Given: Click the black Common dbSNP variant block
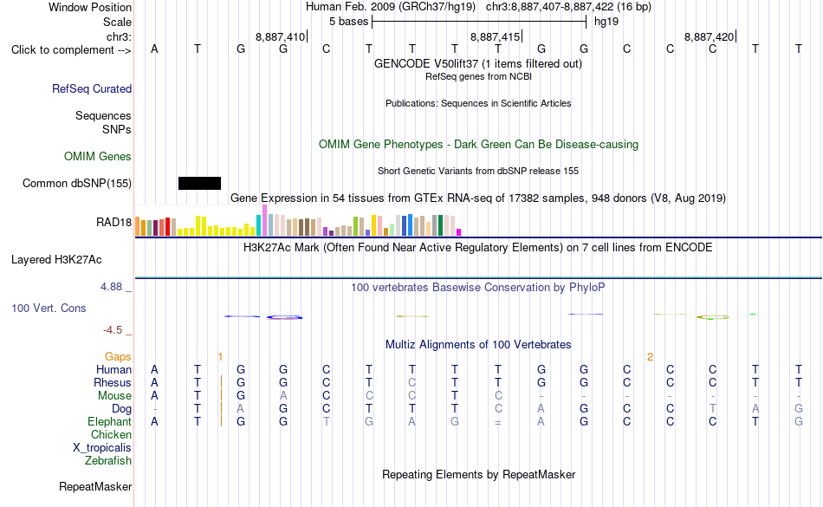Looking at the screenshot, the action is (199, 183).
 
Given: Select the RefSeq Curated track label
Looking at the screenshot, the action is (92, 88).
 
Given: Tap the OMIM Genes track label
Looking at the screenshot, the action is (98, 156).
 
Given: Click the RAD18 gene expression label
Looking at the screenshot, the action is (113, 223).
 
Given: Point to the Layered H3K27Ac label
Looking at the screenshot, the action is (56, 260).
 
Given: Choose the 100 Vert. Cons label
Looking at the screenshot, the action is (49, 308).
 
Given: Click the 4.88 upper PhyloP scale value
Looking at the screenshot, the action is (111, 287).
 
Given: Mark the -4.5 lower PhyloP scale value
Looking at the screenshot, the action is (113, 329).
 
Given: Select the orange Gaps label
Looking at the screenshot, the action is (118, 357).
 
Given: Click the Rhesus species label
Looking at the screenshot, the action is (113, 382).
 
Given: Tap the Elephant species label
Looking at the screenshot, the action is (110, 422).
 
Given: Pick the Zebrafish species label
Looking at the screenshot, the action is (108, 461).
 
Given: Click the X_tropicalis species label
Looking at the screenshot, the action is (102, 448).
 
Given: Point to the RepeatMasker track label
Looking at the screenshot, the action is (95, 486).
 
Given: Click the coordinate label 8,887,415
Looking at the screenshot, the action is (495, 36).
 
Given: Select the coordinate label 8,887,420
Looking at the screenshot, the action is (710, 36).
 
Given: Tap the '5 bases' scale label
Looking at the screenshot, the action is (349, 22).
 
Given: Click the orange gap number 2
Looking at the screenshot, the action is (650, 357).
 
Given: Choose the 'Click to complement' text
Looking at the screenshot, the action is (63, 50).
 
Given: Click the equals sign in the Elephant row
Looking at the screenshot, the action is (497, 422).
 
